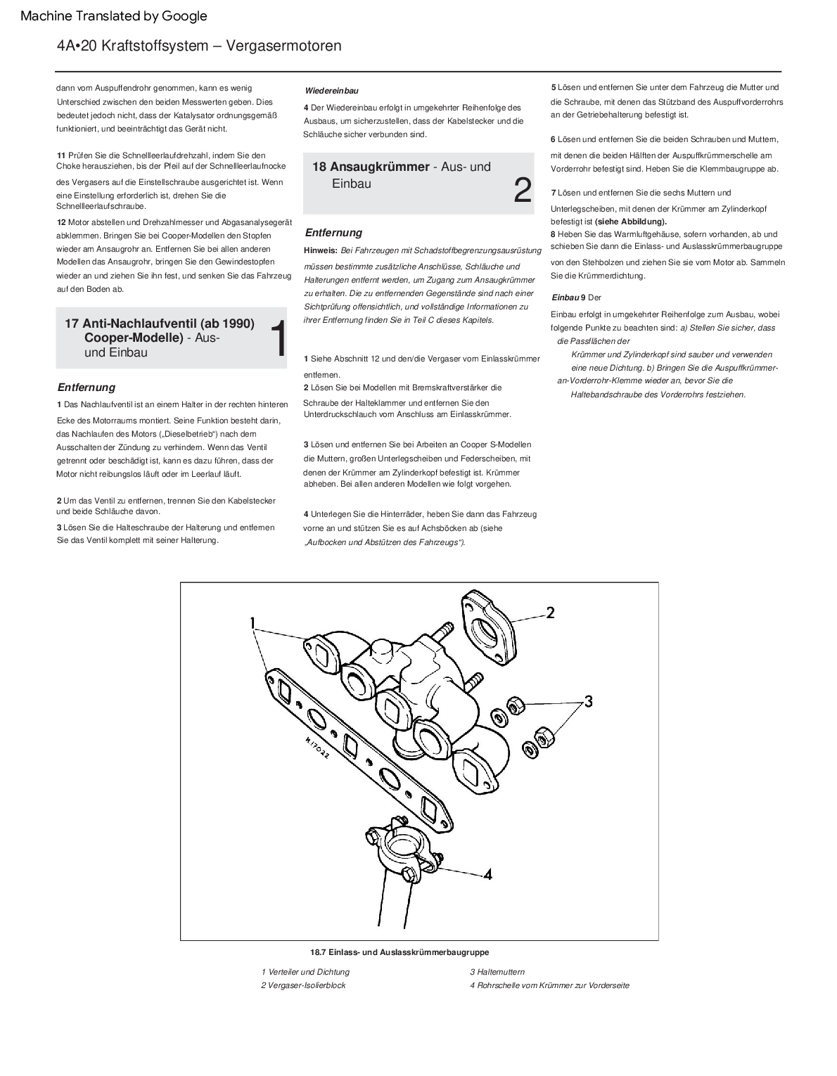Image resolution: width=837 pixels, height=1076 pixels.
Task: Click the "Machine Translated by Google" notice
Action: point(114,15)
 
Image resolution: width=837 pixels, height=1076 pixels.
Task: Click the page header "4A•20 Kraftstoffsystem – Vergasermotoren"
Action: point(199,46)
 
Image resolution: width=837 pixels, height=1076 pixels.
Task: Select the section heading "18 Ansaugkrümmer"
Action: point(371,167)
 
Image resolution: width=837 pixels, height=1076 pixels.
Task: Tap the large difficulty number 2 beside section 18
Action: point(523,190)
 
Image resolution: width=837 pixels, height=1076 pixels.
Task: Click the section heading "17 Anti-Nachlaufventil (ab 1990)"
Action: point(160,324)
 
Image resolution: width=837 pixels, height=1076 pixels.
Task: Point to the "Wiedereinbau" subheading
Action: point(332,91)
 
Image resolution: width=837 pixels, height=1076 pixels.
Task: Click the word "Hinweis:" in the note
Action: point(321,250)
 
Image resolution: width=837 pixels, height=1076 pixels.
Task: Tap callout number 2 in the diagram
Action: point(550,613)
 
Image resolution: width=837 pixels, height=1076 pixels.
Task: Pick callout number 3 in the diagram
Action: point(588,701)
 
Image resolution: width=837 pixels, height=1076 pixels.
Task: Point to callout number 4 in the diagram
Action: point(487,874)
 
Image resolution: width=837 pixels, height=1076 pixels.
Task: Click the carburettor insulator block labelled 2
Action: point(490,627)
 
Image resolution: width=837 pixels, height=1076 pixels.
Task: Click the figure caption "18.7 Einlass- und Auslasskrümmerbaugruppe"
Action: point(400,952)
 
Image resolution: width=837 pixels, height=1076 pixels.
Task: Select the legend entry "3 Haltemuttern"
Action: point(497,972)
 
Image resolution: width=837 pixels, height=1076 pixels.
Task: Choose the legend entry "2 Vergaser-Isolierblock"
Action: point(303,985)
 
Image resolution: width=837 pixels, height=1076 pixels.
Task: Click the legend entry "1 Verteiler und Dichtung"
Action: point(305,972)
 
